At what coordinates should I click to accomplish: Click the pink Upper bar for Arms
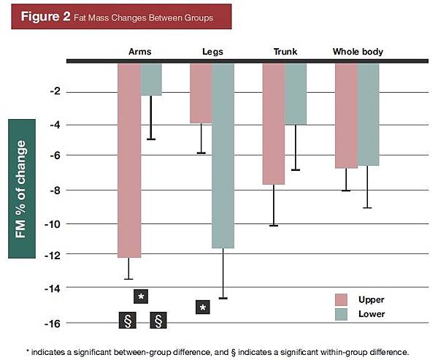129,160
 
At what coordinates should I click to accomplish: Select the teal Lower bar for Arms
151,79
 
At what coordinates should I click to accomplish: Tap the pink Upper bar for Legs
201,93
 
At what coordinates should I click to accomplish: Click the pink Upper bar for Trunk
273,123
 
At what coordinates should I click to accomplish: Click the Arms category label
140,52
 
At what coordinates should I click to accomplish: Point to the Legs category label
212,52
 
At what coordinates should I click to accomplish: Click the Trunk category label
284,52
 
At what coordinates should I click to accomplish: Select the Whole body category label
358,52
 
